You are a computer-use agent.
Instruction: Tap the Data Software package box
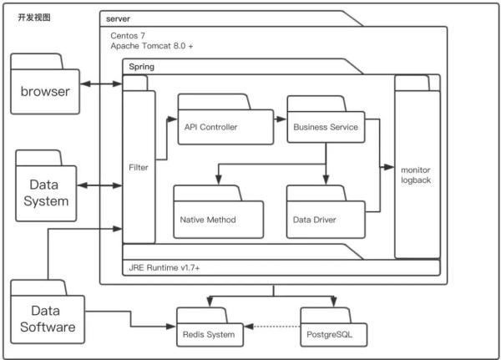[48, 317]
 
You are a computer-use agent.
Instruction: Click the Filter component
[139, 167]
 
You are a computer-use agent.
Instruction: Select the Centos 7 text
[129, 37]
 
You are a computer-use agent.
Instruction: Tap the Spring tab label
[141, 65]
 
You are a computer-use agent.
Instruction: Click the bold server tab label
[119, 18]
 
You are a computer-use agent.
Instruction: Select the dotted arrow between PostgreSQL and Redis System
[273, 327]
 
